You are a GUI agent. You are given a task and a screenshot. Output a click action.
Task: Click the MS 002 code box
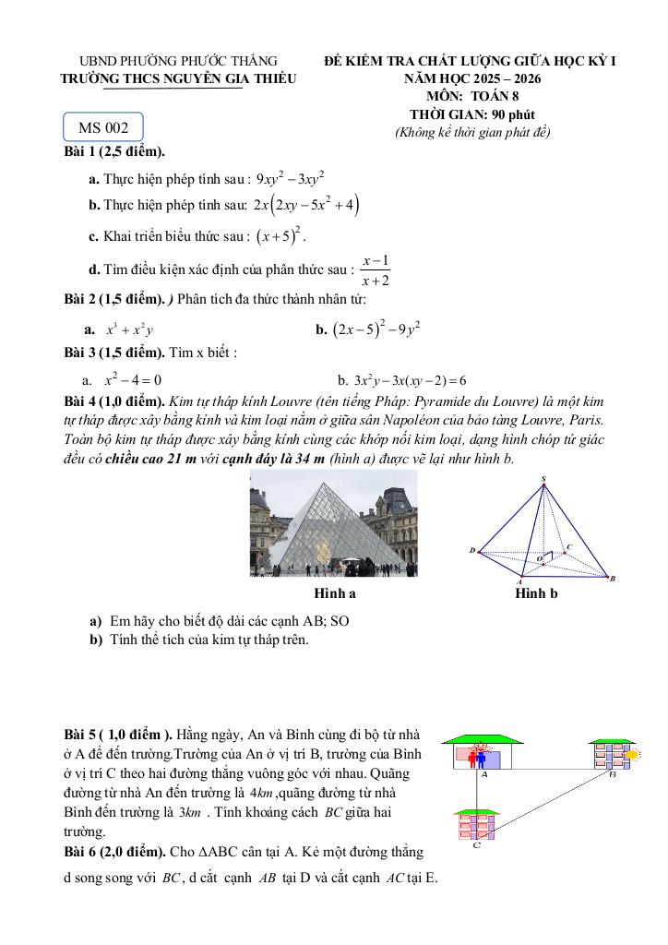pos(103,127)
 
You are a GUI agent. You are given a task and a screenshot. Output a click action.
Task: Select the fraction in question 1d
pos(375,270)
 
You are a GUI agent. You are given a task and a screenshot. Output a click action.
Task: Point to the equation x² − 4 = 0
pos(133,379)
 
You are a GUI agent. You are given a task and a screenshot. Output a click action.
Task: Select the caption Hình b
pos(536,593)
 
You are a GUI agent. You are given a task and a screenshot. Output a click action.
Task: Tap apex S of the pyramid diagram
pos(543,479)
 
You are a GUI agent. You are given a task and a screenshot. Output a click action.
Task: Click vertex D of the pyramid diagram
pos(471,551)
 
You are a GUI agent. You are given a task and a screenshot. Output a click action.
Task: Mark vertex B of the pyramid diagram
pos(612,578)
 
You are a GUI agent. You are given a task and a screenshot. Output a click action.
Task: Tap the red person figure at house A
pos(474,758)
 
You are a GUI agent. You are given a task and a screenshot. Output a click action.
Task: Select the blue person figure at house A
pos(483,759)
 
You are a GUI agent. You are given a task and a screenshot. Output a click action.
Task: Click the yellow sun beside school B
pos(632,755)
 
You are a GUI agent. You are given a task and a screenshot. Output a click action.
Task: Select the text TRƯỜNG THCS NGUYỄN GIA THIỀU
pos(179,79)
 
